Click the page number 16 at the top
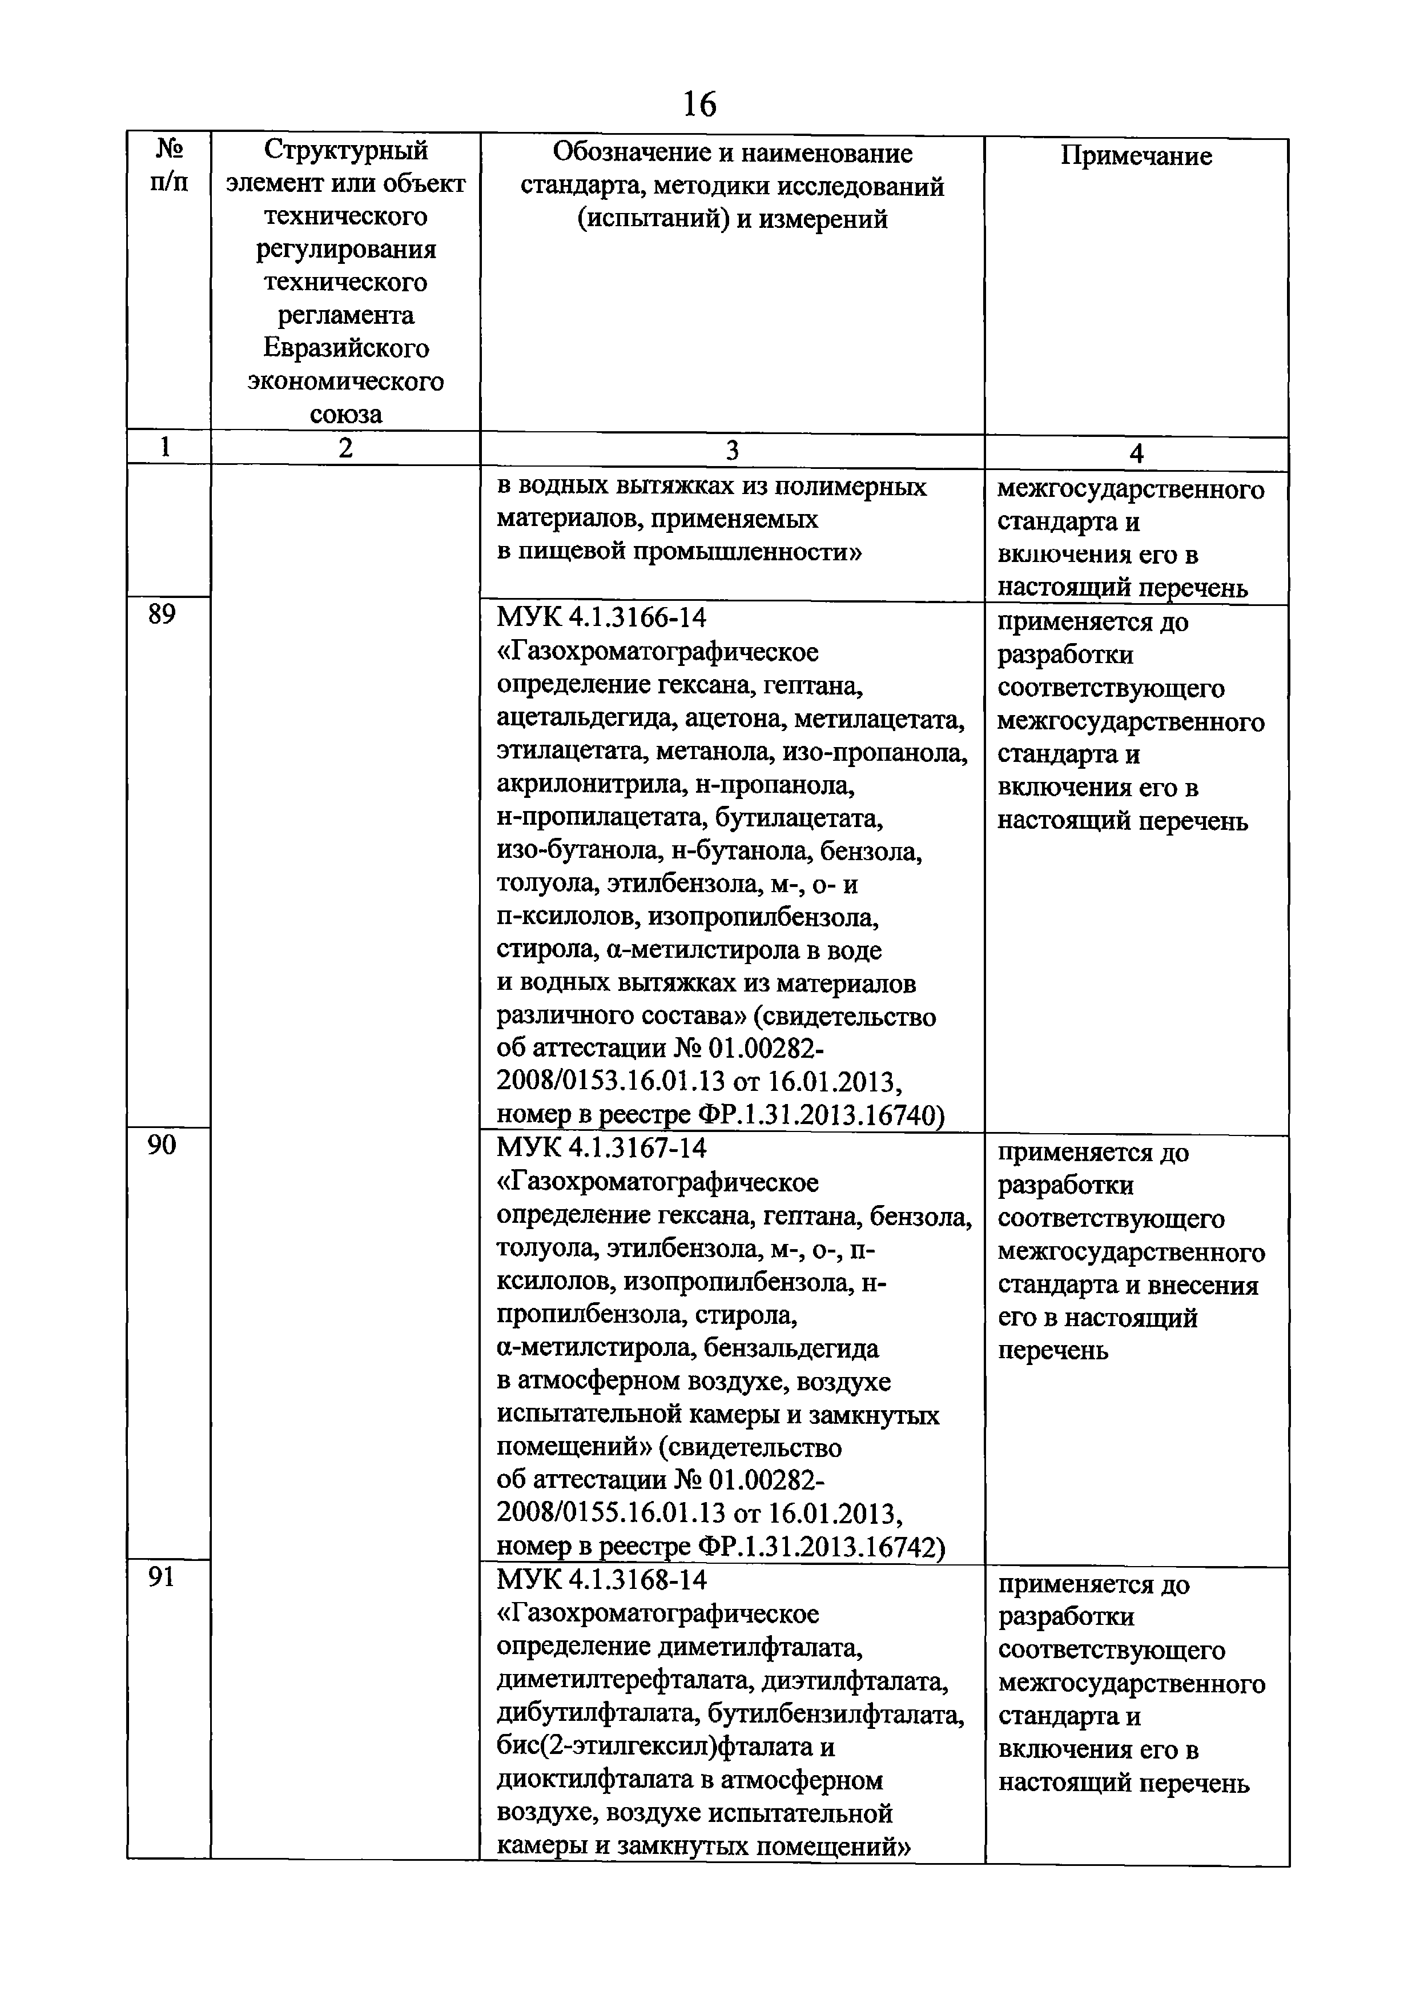pyautogui.click(x=699, y=104)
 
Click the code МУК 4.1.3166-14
pyautogui.click(x=602, y=617)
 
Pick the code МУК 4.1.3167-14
pyautogui.click(x=602, y=1148)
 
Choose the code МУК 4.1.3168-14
pyautogui.click(x=602, y=1579)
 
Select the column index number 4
pyautogui.click(x=1136, y=453)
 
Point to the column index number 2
pyautogui.click(x=345, y=448)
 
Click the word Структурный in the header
pyautogui.click(x=346, y=150)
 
